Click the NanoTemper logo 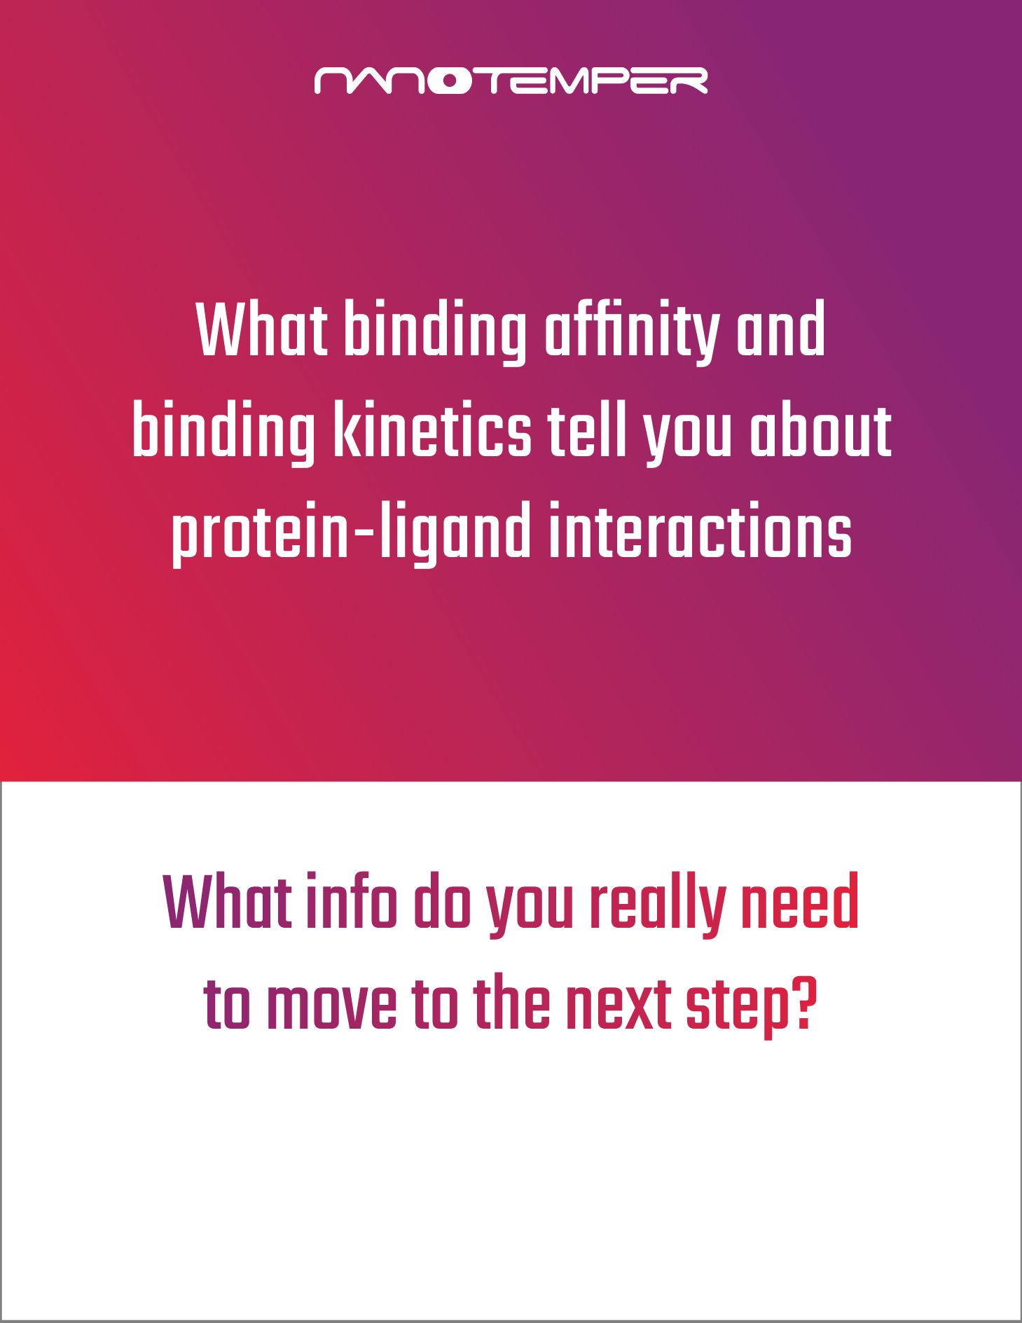pos(511,81)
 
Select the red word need pos(799,901)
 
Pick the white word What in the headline pos(262,329)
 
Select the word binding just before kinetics pos(224,433)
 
